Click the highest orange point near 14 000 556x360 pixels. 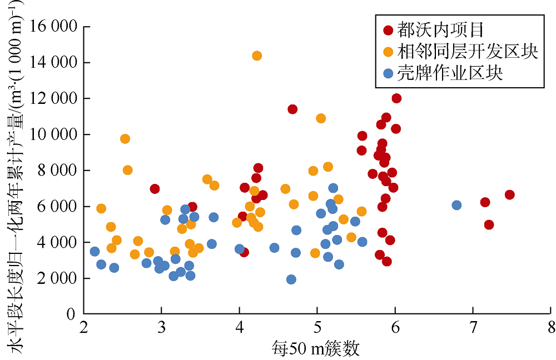click(x=257, y=56)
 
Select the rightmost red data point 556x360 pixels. click(x=509, y=194)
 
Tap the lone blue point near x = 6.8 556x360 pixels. click(x=456, y=205)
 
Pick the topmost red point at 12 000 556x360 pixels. click(x=396, y=98)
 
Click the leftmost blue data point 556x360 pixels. click(x=95, y=251)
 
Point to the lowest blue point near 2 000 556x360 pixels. click(x=291, y=279)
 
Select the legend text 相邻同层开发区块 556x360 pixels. click(x=468, y=52)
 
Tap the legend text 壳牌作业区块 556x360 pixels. click(x=450, y=73)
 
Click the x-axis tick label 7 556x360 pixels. click(x=473, y=326)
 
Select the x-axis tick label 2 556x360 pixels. click(x=84, y=326)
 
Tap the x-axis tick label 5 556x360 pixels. click(x=317, y=326)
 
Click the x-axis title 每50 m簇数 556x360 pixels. click(x=316, y=348)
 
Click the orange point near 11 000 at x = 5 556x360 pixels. click(x=321, y=118)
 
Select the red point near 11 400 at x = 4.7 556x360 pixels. click(x=292, y=109)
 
